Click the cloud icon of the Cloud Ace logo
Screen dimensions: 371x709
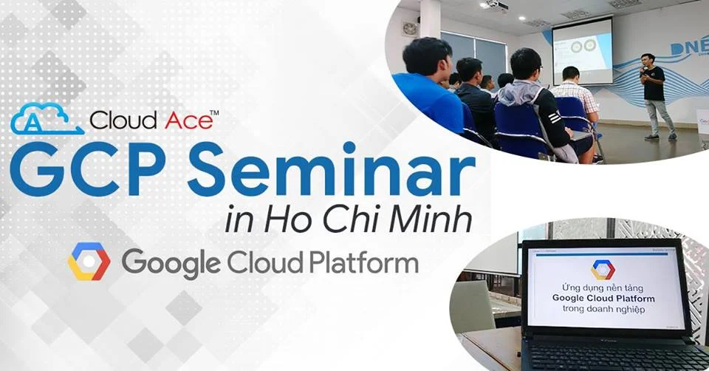coord(47,120)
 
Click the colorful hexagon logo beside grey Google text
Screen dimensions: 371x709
coord(89,262)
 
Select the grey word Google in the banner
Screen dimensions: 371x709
coord(171,262)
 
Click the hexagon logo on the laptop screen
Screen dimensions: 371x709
coord(603,269)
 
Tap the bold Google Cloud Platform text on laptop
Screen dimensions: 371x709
coord(603,298)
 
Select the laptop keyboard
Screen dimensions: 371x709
coord(613,355)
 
